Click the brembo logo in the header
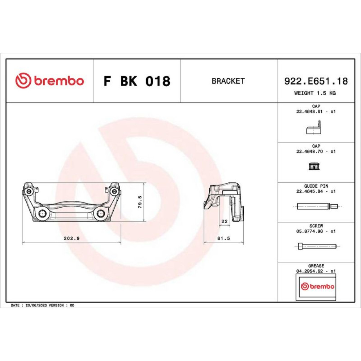[49, 81]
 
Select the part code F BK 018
[137, 81]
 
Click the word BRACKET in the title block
[228, 81]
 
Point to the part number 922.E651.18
[316, 81]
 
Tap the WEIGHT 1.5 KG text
[315, 93]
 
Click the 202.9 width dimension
[71, 238]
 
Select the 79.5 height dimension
[140, 202]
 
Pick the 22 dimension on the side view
[224, 221]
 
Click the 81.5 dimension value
[223, 238]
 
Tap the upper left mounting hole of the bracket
[29, 191]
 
